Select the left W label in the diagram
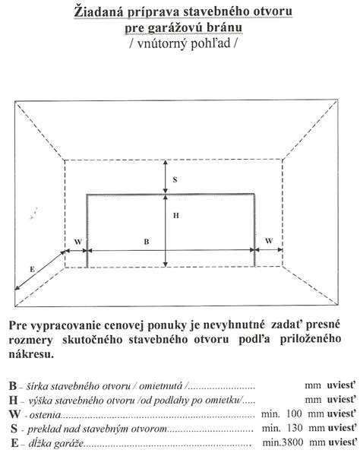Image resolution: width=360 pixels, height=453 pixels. (x=77, y=241)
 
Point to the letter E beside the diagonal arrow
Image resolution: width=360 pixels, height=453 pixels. (x=32, y=268)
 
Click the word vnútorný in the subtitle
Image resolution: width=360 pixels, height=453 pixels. (x=166, y=45)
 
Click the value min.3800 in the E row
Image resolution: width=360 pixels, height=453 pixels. (x=280, y=441)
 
